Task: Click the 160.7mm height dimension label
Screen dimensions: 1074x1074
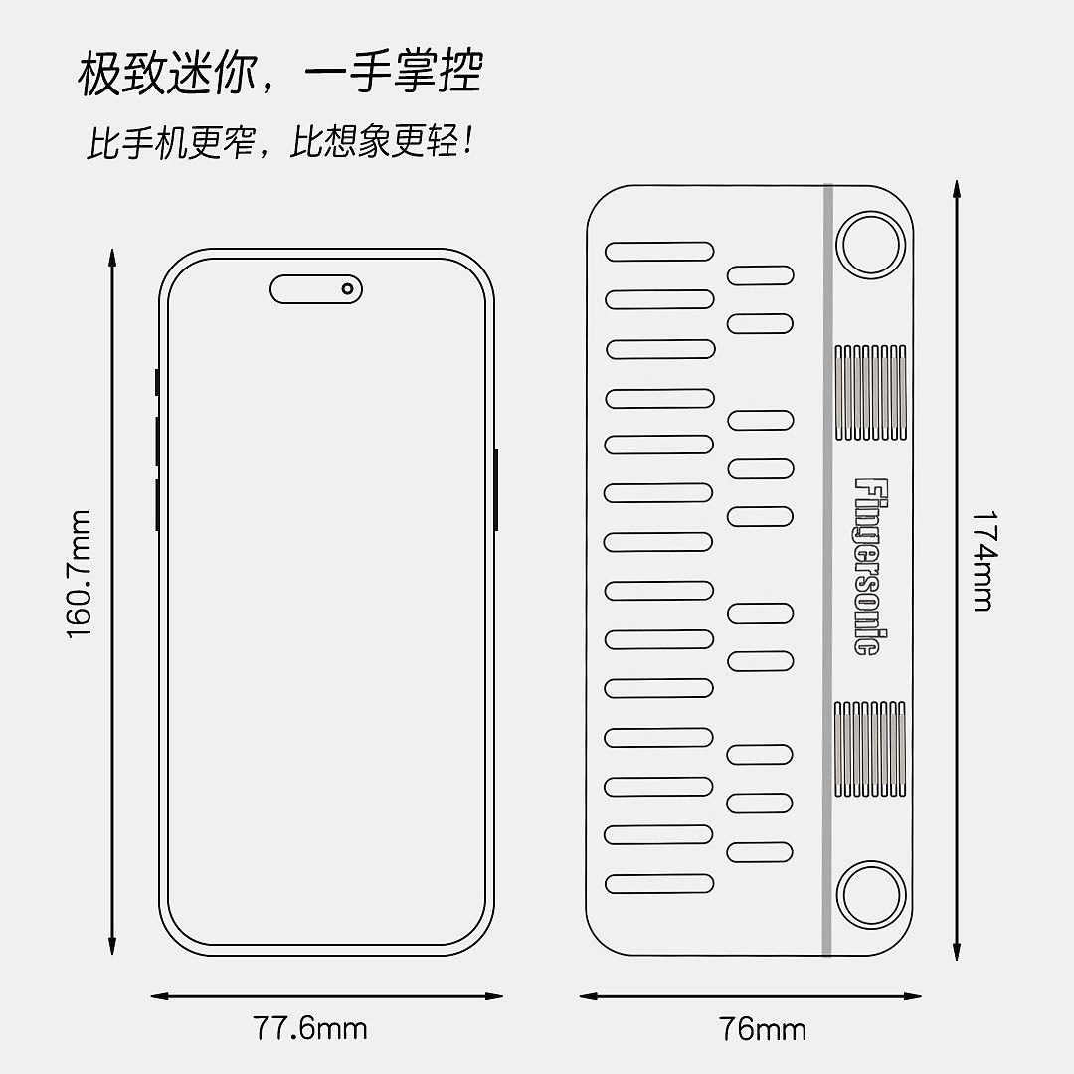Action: (80, 575)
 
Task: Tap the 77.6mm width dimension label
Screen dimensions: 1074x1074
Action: (310, 1027)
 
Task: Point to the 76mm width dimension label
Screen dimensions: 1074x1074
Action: (763, 1029)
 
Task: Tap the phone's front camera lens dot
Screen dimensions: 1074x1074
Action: (347, 289)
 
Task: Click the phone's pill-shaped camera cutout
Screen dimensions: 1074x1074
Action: (316, 289)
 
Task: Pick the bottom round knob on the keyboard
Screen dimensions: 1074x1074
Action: (870, 896)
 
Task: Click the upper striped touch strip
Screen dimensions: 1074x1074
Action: (869, 393)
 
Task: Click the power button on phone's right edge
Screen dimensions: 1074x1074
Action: (495, 489)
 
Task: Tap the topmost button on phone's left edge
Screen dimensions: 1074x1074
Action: (156, 382)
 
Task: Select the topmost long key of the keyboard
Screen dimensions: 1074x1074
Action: (659, 252)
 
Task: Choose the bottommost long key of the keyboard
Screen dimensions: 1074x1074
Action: (659, 883)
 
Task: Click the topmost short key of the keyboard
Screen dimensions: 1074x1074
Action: (760, 275)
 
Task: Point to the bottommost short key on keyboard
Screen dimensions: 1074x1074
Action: (760, 851)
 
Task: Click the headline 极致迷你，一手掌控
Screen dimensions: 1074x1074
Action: (280, 75)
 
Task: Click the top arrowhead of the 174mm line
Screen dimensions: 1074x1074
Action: (956, 189)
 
